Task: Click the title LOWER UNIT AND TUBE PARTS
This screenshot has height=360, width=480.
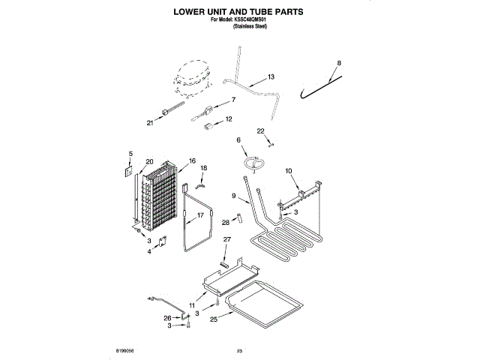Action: pos(239,13)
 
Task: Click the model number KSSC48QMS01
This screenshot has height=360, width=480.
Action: pos(253,20)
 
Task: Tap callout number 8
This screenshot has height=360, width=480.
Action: pos(338,63)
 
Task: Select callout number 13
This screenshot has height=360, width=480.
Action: pos(271,76)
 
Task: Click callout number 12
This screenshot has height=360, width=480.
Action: pos(229,118)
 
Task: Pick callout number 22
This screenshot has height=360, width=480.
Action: pos(260,130)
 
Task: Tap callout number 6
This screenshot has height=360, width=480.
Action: pos(238,140)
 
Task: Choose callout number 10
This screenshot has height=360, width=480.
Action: pos(289,172)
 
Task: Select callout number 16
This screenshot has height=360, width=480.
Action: pos(192,160)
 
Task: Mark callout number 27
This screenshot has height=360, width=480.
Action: pos(226,239)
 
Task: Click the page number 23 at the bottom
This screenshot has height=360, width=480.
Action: pos(240,350)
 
